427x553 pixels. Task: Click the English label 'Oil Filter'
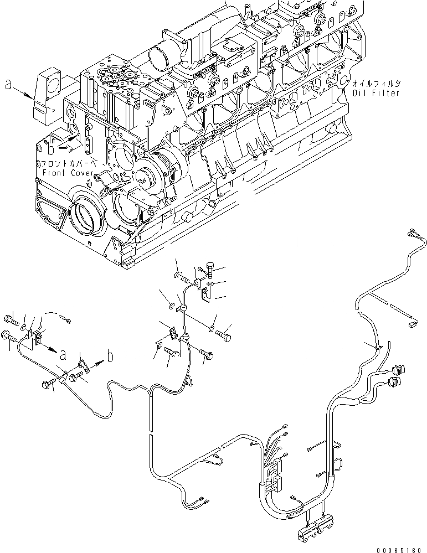point(376,93)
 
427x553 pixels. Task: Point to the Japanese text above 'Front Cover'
point(69,164)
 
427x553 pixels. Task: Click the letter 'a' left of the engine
point(8,85)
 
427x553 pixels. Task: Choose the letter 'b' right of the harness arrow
point(110,356)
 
